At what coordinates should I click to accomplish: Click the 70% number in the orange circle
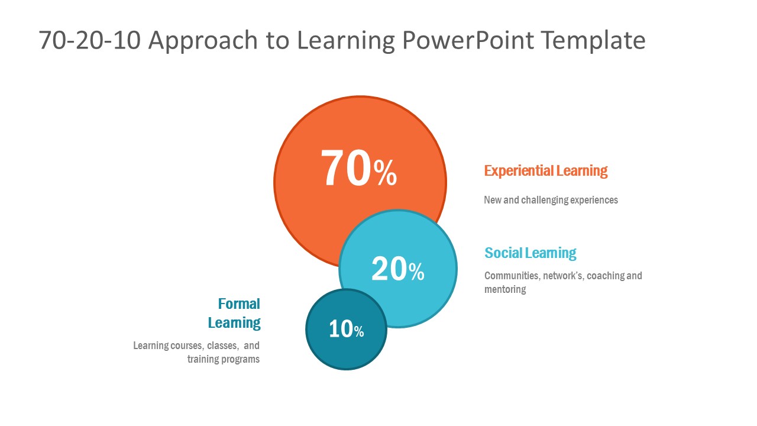point(358,168)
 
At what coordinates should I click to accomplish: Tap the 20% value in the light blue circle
point(398,269)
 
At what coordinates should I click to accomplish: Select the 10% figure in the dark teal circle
point(347,328)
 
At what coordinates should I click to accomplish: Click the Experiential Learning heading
point(546,171)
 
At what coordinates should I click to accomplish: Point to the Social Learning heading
point(530,253)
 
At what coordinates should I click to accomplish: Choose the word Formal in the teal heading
point(239,304)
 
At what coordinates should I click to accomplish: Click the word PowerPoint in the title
point(468,40)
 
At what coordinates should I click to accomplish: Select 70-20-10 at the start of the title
point(89,40)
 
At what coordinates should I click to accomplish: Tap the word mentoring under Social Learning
point(505,289)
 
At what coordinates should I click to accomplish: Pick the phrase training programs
point(224,359)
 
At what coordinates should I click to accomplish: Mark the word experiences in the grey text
point(594,200)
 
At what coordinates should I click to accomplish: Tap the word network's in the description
point(563,276)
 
